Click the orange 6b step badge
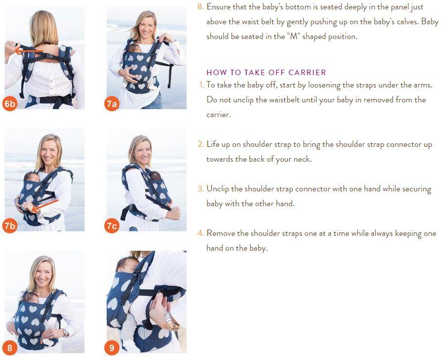pyautogui.click(x=9, y=104)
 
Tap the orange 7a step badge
pyautogui.click(x=112, y=104)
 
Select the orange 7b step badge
pyautogui.click(x=9, y=226)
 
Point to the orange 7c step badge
pyautogui.click(x=112, y=226)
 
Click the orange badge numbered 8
pyautogui.click(x=9, y=348)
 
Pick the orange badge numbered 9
pyautogui.click(x=112, y=348)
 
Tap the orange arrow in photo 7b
pyautogui.click(x=44, y=206)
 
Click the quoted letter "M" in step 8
pyautogui.click(x=293, y=37)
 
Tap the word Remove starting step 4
pyautogui.click(x=221, y=233)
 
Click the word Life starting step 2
pyautogui.click(x=213, y=144)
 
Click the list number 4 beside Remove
pyautogui.click(x=200, y=233)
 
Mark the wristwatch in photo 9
pyautogui.click(x=172, y=321)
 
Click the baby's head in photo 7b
pyautogui.click(x=32, y=177)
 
